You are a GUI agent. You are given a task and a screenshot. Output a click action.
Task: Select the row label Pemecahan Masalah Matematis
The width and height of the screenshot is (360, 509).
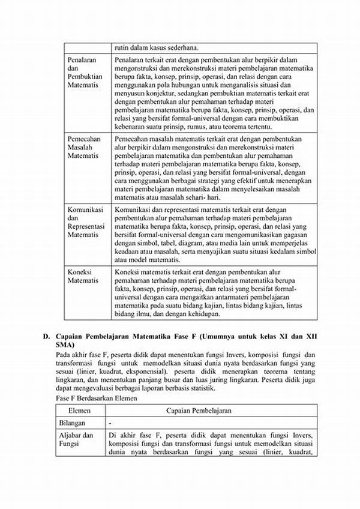(x=84, y=146)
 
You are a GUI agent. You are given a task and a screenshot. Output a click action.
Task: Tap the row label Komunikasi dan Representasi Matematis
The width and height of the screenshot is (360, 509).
(x=86, y=222)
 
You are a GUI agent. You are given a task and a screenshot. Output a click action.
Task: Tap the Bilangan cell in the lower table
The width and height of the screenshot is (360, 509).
(x=76, y=423)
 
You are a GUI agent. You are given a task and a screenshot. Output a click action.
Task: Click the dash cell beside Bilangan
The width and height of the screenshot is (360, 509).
(x=110, y=423)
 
